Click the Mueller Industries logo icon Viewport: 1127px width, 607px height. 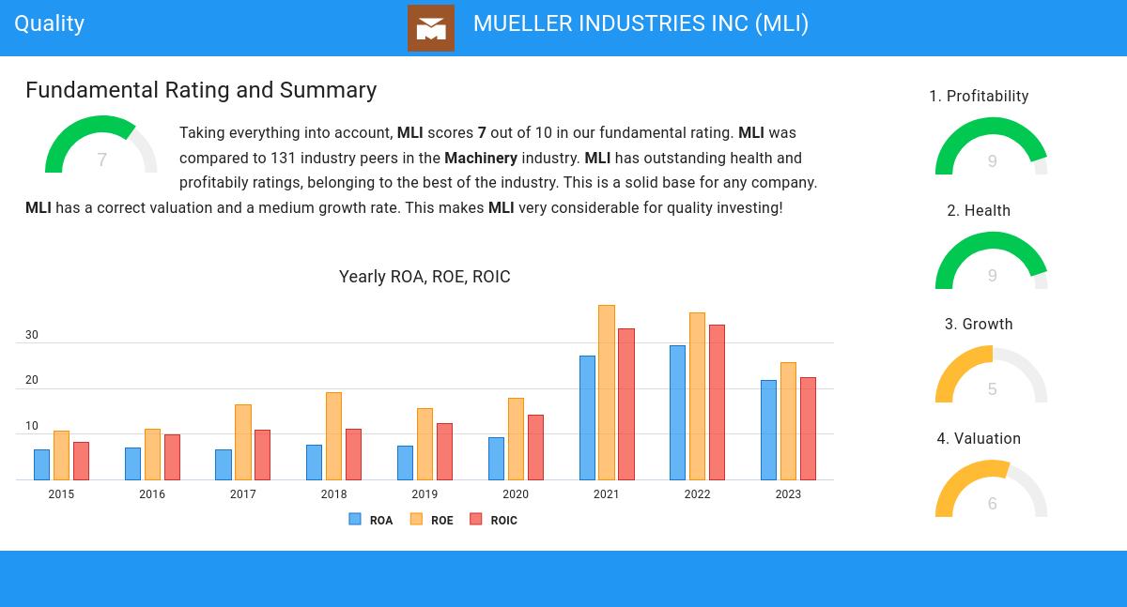431,28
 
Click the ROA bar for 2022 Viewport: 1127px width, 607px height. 678,413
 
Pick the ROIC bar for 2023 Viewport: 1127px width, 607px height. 808,429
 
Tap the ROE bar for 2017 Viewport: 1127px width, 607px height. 243,442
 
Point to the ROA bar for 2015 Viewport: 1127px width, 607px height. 42,464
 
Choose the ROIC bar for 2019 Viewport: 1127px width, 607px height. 444,451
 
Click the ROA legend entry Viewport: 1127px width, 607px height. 371,520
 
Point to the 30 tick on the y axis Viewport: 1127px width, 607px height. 32,335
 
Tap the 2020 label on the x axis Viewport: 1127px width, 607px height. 516,494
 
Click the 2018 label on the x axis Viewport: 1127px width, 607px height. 333,494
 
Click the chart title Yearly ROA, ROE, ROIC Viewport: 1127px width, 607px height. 425,277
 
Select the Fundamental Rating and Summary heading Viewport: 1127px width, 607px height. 201,90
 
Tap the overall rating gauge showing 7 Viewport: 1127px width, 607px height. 101,148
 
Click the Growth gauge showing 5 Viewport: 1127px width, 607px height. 992,375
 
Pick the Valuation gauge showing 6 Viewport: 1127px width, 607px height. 992,490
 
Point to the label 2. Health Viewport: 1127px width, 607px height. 979,211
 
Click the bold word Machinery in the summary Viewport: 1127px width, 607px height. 481,158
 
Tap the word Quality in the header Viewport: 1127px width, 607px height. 50,23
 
